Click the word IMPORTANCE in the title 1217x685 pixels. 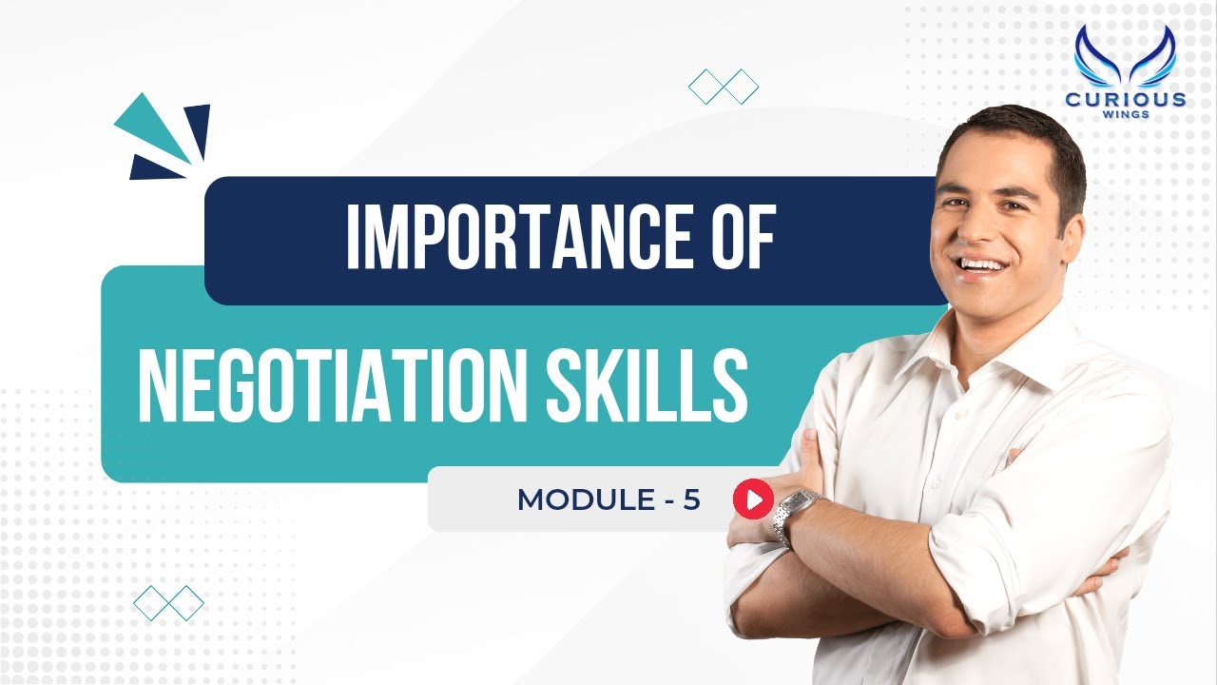tap(504, 239)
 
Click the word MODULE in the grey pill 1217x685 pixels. tap(581, 499)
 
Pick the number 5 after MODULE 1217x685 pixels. tap(692, 499)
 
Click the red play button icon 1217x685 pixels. tap(753, 499)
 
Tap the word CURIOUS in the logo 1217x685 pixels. tap(1126, 99)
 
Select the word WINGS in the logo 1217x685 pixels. tap(1126, 115)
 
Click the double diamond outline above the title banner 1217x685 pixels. tap(724, 87)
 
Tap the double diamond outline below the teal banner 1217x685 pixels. tap(169, 602)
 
